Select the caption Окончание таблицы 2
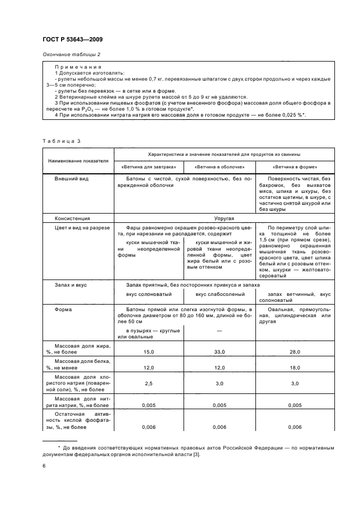(71, 54)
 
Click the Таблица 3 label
(61, 141)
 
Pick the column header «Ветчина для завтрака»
(148, 166)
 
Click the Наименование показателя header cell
(78, 161)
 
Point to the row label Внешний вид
(71, 179)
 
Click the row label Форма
(63, 308)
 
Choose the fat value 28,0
(294, 353)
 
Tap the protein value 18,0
(294, 368)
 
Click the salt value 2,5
(149, 384)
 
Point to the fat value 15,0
(149, 353)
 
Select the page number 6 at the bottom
(44, 466)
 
